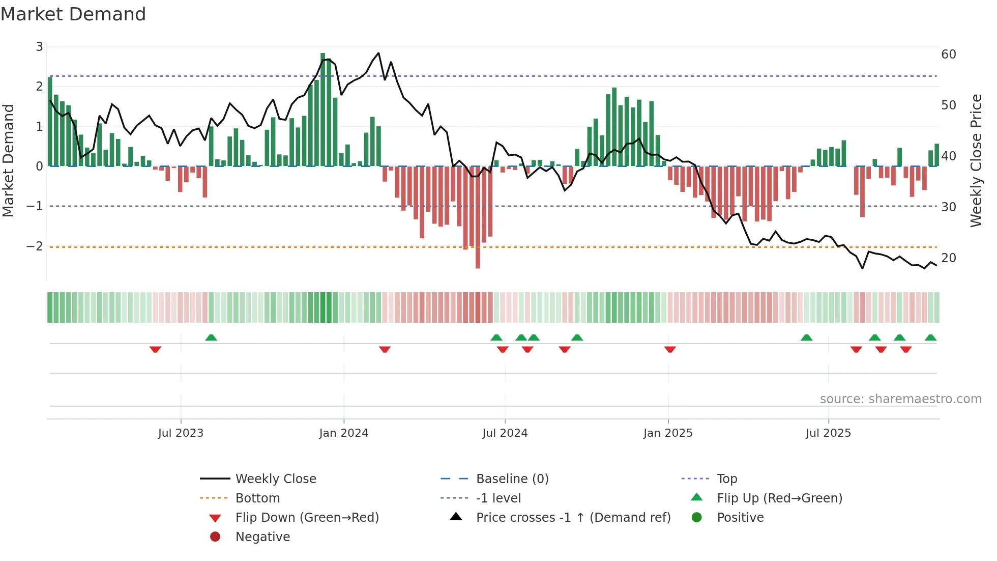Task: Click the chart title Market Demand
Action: pyautogui.click(x=73, y=14)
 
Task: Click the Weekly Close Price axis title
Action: pyautogui.click(x=976, y=160)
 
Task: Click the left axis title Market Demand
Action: pyautogui.click(x=8, y=160)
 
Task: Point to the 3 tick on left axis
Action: pyautogui.click(x=39, y=47)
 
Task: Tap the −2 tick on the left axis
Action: pyautogui.click(x=35, y=246)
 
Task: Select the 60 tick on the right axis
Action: pyautogui.click(x=949, y=54)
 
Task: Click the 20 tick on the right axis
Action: pyautogui.click(x=949, y=258)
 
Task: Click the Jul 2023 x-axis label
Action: pyautogui.click(x=181, y=433)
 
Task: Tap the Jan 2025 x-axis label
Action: pyautogui.click(x=668, y=433)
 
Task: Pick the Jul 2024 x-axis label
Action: pyautogui.click(x=505, y=433)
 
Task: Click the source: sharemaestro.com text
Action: pyautogui.click(x=900, y=399)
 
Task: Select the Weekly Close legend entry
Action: pyautogui.click(x=275, y=479)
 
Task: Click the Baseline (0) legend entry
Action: pyautogui.click(x=512, y=479)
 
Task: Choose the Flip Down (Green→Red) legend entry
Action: pyautogui.click(x=307, y=518)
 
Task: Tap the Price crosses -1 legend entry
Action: pyautogui.click(x=573, y=518)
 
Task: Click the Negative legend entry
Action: pyautogui.click(x=262, y=537)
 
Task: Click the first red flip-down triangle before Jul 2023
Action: pyautogui.click(x=155, y=349)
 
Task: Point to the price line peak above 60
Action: pyautogui.click(x=378, y=53)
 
